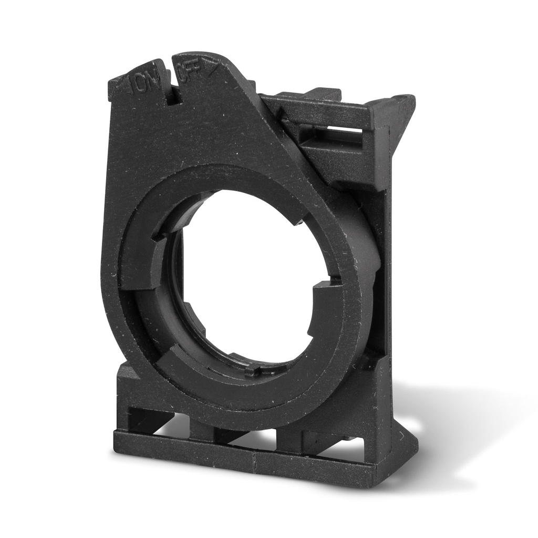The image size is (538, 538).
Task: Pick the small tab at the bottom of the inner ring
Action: (253, 371)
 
